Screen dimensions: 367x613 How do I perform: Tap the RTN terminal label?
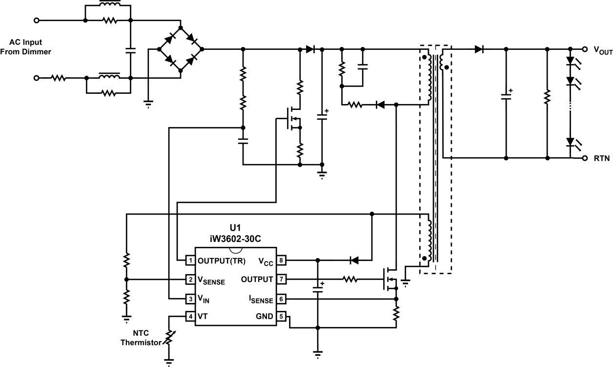(601, 158)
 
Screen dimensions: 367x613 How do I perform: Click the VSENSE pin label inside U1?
(211, 280)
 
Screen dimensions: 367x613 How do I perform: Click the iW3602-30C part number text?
(235, 239)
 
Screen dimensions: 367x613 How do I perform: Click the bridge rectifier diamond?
(181, 49)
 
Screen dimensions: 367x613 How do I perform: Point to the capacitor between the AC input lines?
(130, 49)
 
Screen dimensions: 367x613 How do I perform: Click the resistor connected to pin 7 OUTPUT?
(349, 280)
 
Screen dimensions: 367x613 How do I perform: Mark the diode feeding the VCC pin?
(355, 259)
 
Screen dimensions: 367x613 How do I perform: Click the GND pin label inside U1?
(264, 316)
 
